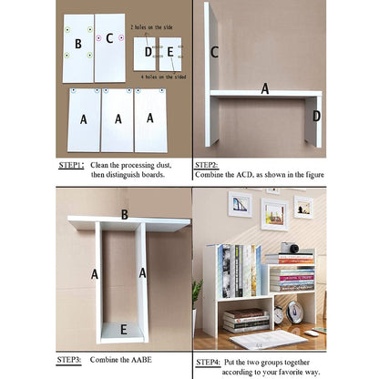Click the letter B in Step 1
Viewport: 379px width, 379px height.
pos(78,42)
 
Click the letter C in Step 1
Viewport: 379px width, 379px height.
pos(109,38)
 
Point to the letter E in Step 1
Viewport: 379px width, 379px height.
pos(170,53)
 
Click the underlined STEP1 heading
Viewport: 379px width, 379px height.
pos(71,166)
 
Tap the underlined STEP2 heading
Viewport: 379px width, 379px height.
pos(207,166)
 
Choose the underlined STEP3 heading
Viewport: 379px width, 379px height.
pos(71,361)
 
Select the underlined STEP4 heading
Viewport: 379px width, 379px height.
pos(207,361)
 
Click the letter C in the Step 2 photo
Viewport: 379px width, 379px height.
pos(215,52)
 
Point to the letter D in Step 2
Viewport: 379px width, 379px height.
pos(316,116)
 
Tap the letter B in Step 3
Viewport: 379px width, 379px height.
pos(124,215)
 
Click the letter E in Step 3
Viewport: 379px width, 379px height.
pos(124,330)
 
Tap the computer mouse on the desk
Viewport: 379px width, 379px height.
pos(313,333)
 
